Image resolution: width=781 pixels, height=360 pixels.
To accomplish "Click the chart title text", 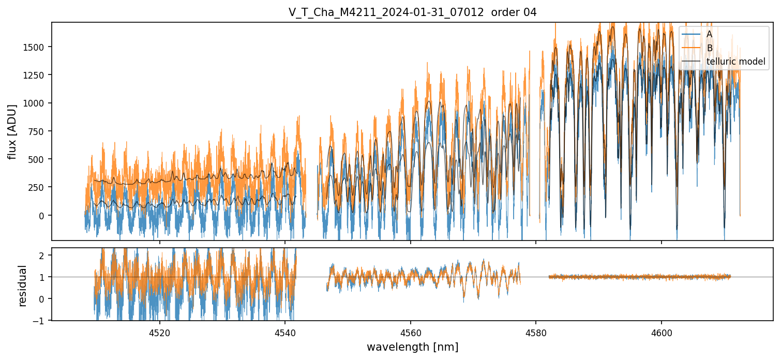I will click(412, 12).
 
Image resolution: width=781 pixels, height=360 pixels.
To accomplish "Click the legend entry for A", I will click(710, 34).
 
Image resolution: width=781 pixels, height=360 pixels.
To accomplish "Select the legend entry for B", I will click(710, 48).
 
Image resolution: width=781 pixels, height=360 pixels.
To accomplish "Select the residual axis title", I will click(23, 285).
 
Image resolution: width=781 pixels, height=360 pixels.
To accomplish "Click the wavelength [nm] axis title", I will click(412, 347).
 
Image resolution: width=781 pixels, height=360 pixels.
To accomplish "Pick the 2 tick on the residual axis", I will click(44, 256).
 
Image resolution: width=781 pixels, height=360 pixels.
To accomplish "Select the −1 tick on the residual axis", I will click(41, 321).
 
